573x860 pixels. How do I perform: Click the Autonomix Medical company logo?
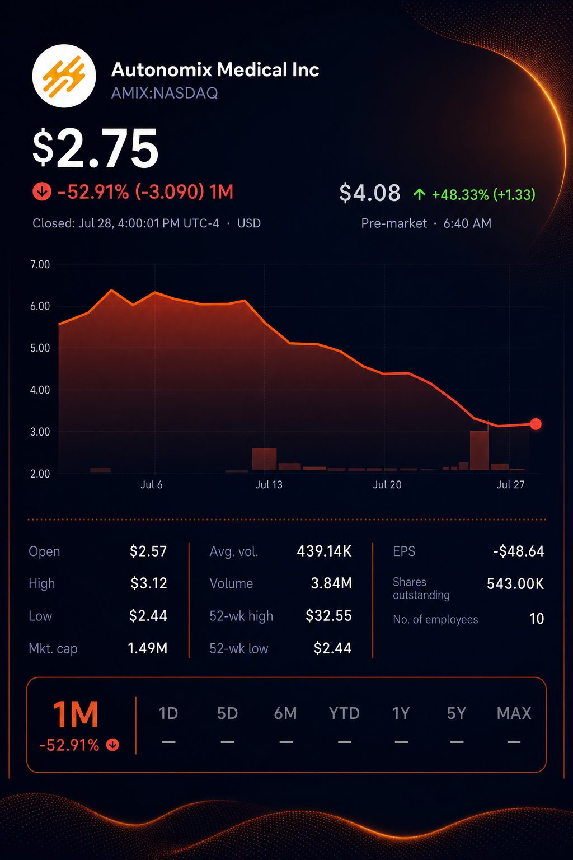64,76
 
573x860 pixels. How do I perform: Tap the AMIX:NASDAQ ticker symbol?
165,94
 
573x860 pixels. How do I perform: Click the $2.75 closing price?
96,148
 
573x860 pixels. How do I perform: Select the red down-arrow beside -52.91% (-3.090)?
42,191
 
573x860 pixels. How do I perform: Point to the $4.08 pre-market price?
369,193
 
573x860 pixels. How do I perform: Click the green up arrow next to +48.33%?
420,195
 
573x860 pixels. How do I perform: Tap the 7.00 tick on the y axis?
40,264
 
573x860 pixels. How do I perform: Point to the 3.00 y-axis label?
40,432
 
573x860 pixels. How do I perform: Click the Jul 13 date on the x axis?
269,485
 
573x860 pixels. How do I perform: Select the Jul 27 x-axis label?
510,485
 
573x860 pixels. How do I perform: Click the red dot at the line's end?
536,424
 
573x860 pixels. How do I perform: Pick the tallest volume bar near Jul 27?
480,450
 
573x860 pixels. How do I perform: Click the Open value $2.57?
148,551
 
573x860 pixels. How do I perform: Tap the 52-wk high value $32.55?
328,616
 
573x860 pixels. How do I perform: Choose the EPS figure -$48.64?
519,551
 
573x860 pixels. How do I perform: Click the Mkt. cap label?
53,648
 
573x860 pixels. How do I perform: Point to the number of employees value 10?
537,619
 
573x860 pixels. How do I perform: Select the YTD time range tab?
344,713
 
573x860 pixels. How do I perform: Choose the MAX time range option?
514,713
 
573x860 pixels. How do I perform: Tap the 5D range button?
228,713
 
